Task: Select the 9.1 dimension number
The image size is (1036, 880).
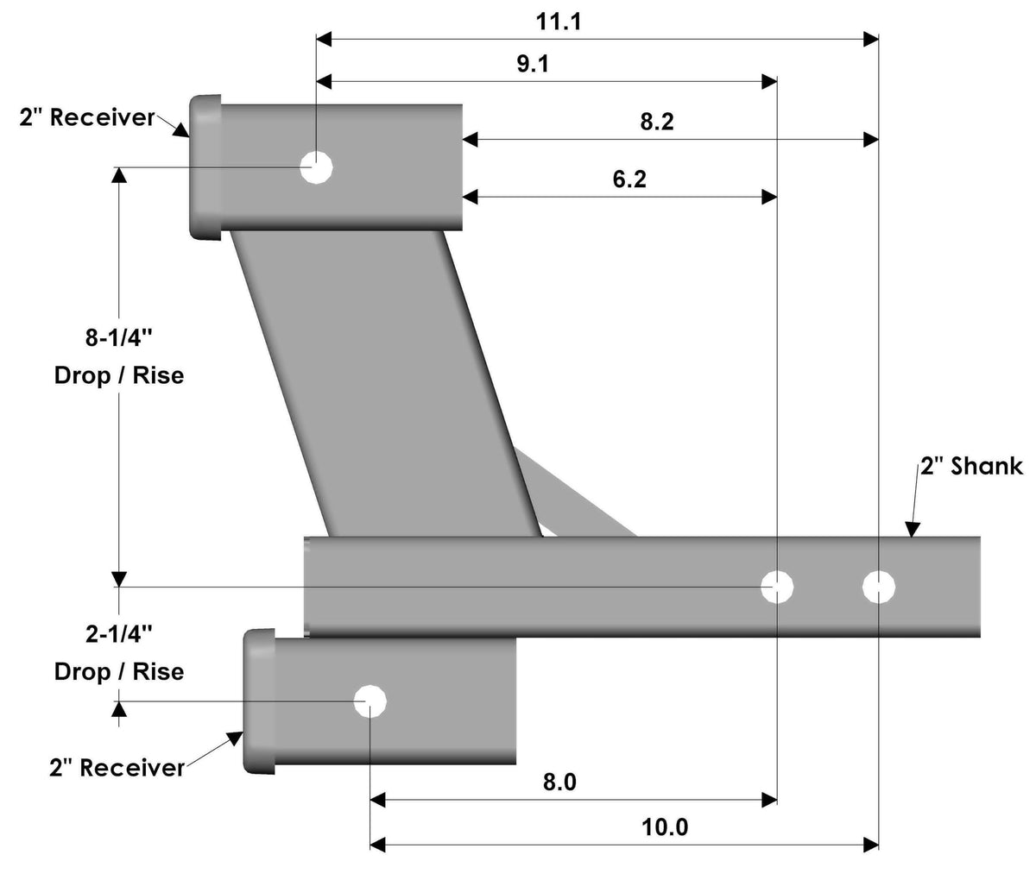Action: pos(532,66)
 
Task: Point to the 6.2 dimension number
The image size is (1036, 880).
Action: pos(629,179)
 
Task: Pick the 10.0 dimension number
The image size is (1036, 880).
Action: pos(665,828)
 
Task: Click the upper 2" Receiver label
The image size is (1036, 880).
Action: pos(86,117)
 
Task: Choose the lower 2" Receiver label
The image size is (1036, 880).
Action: pos(117,767)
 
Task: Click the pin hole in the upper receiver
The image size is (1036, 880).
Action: pos(317,167)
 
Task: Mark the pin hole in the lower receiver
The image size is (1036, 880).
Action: pos(370,701)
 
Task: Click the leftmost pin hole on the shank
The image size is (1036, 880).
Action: pos(777,587)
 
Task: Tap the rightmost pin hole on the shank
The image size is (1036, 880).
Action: pos(879,587)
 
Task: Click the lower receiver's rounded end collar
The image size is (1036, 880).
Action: pos(258,701)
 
